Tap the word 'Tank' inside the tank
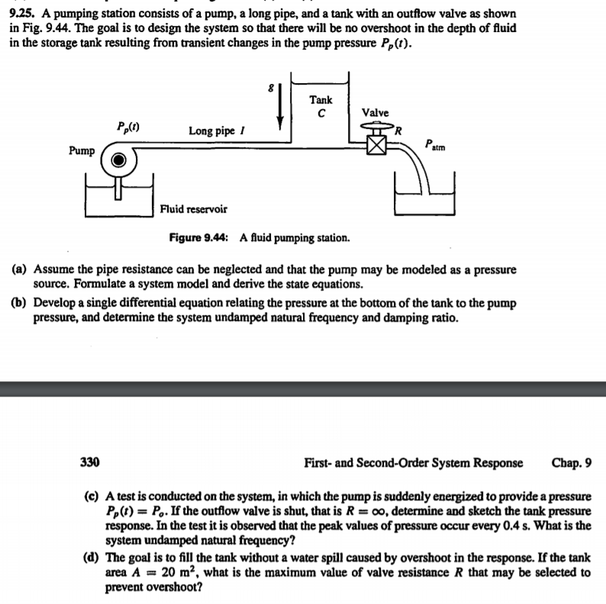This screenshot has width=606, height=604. (321, 99)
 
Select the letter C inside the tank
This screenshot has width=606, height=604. (321, 114)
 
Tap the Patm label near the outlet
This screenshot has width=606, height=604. (433, 143)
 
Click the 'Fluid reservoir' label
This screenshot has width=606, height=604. (193, 208)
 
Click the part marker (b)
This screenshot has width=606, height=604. (20, 303)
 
